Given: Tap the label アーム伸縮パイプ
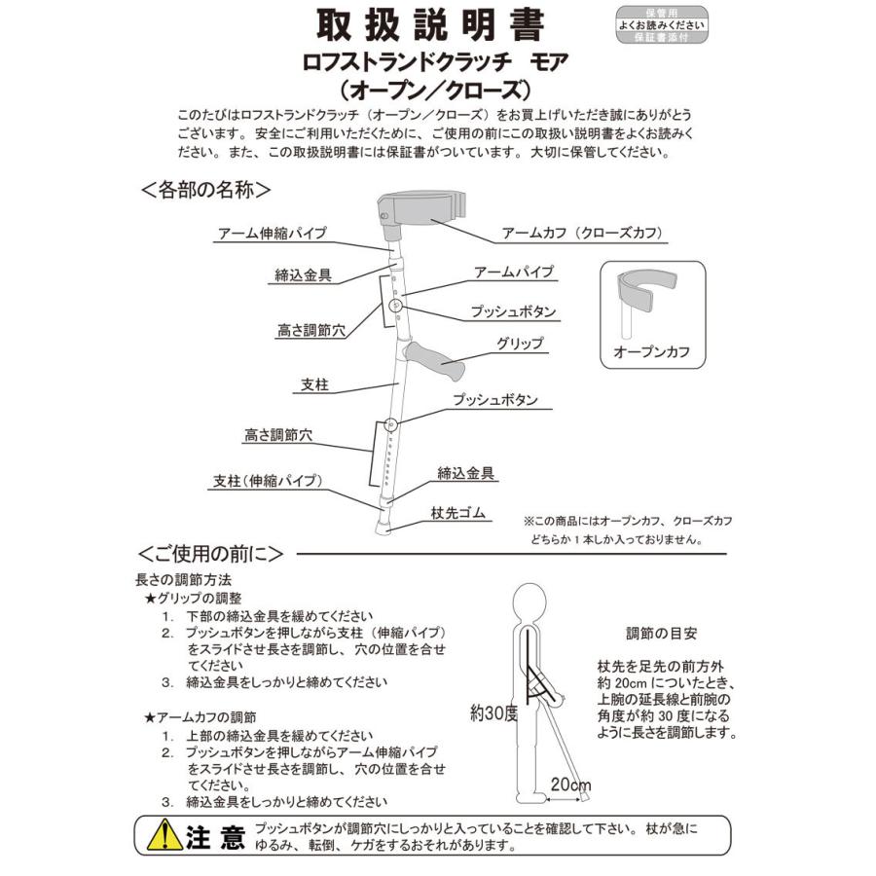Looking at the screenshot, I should [272, 234].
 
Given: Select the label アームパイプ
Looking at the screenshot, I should [513, 272].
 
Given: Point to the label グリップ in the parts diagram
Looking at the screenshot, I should [520, 344].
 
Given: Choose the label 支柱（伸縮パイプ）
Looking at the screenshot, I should [267, 480].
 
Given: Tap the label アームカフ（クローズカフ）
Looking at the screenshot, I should [581, 234].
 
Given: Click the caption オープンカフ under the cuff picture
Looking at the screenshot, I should [651, 352].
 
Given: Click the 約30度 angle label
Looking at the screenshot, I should [492, 712].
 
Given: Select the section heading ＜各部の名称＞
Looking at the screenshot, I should [204, 189].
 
